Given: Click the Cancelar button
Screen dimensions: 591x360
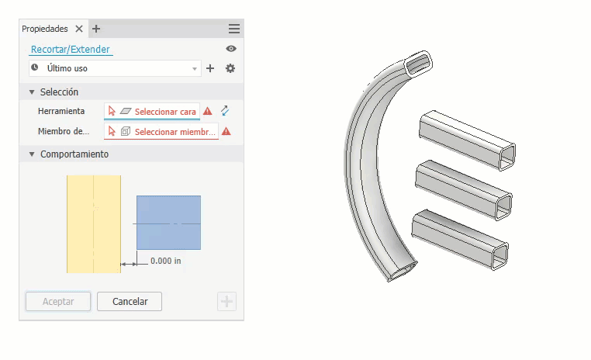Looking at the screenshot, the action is point(130,301).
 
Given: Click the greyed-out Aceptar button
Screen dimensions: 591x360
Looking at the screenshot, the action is point(58,301).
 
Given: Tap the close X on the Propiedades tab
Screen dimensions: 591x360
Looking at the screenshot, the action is point(79,29).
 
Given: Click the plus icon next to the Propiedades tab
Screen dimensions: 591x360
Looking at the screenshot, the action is point(96,29).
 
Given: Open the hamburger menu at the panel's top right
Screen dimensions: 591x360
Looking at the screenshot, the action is point(234,29).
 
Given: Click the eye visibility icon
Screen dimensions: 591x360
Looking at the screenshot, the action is point(231,49).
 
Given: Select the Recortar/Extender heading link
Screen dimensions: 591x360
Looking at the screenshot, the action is point(70,50).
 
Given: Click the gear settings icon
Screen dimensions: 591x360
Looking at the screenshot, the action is point(230,68).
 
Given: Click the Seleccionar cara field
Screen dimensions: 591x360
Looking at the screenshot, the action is point(152,111).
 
